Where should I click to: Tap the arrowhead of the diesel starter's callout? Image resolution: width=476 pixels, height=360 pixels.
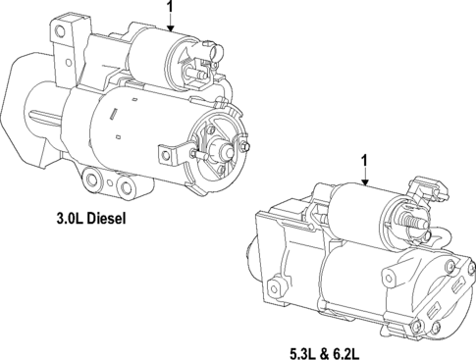tap(171, 32)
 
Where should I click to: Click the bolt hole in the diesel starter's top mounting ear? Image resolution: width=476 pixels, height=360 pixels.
tap(61, 32)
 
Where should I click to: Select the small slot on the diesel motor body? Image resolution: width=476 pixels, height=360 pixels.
tap(114, 117)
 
